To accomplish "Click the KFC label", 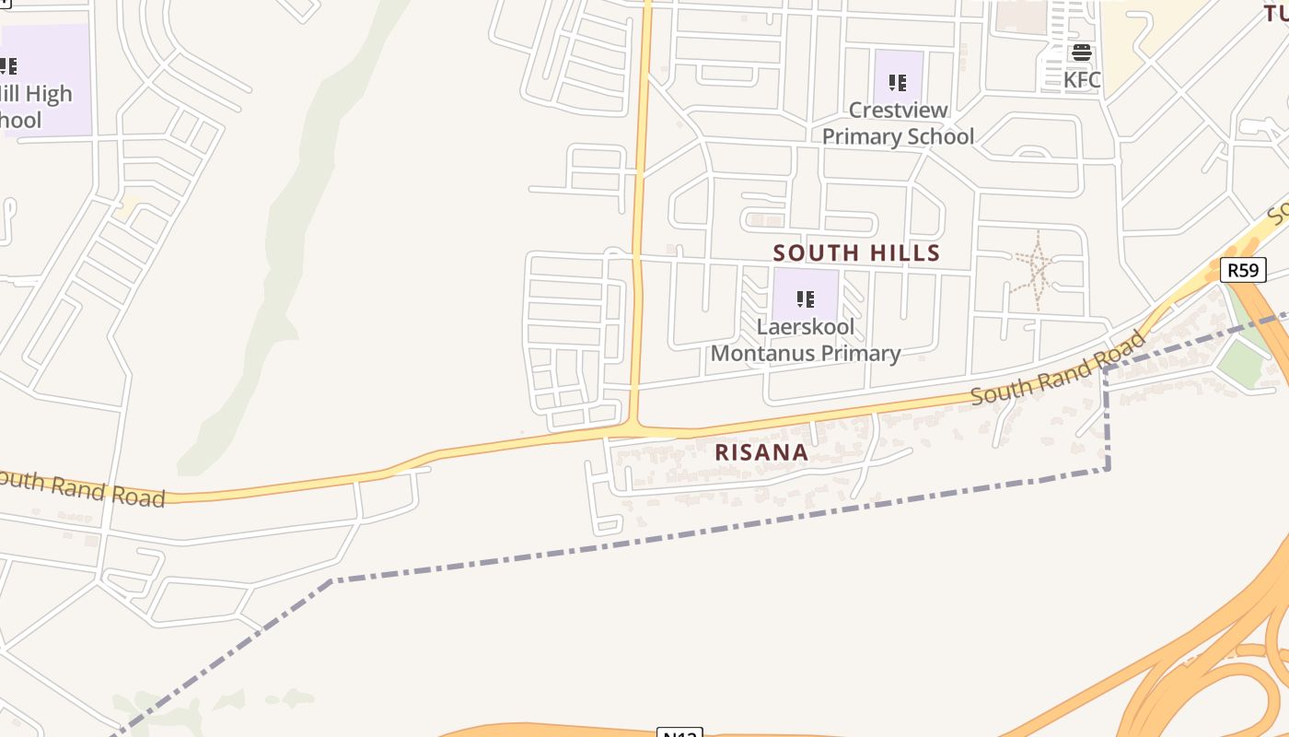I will pyautogui.click(x=1082, y=80).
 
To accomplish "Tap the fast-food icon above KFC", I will pyautogui.click(x=1082, y=53).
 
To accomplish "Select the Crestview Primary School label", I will pyautogui.click(x=898, y=123).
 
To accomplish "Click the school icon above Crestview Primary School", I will pyautogui.click(x=898, y=83).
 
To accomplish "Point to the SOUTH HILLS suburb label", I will pyautogui.click(x=856, y=253).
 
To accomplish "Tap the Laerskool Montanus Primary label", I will pyautogui.click(x=806, y=340).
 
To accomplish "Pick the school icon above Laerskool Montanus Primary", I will pyautogui.click(x=806, y=299).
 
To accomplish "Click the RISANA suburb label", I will pyautogui.click(x=761, y=453).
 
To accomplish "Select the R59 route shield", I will pyautogui.click(x=1243, y=270).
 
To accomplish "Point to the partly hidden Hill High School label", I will pyautogui.click(x=28, y=107).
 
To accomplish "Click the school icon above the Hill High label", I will pyautogui.click(x=7, y=66).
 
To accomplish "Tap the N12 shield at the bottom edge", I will pyautogui.click(x=679, y=733).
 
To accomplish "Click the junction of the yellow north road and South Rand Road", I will pyautogui.click(x=634, y=428).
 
